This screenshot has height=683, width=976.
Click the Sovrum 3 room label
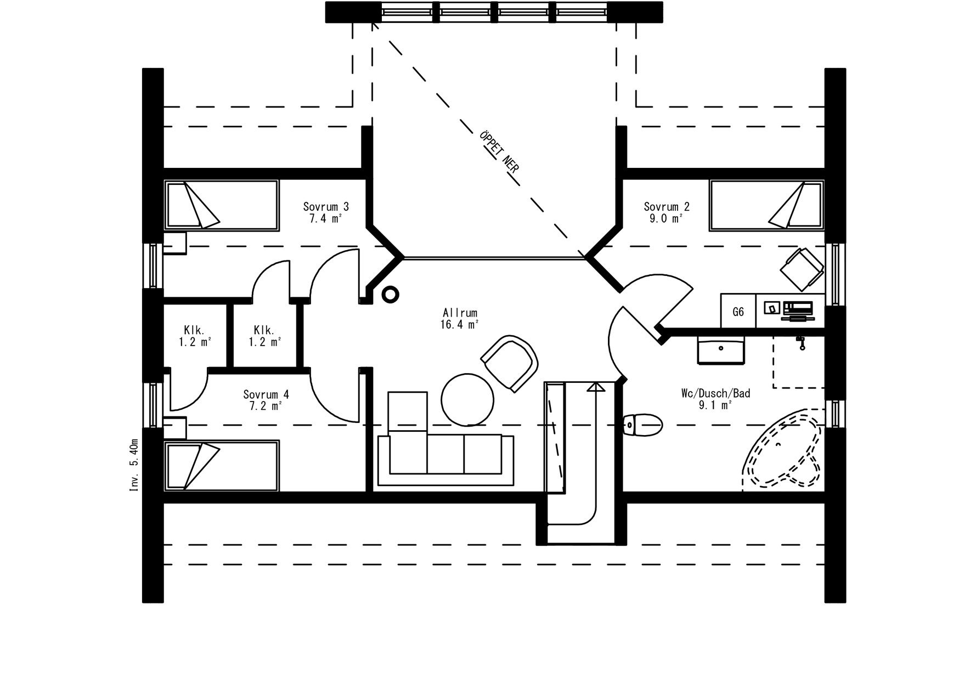(326, 212)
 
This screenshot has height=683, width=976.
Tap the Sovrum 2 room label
(666, 212)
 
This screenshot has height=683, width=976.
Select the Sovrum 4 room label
(266, 400)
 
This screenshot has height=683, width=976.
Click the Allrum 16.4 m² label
(460, 318)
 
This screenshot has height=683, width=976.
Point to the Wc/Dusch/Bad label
(715, 399)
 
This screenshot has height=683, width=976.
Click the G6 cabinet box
(738, 312)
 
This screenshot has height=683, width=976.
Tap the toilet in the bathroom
(643, 424)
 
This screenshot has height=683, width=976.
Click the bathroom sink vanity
(721, 350)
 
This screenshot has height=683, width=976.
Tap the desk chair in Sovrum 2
(801, 269)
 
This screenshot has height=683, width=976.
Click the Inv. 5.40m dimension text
(134, 464)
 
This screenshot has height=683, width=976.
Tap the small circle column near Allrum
(390, 295)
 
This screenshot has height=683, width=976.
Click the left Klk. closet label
(194, 336)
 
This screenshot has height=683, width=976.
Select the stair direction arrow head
(595, 387)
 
